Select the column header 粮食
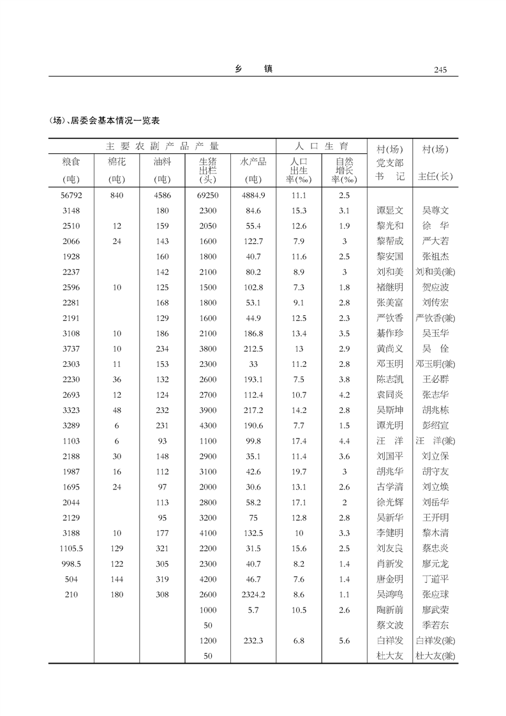click(x=71, y=163)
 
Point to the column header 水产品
click(x=253, y=162)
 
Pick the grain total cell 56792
click(x=71, y=195)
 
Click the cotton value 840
click(x=117, y=195)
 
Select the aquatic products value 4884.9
click(x=253, y=195)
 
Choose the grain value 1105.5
click(x=71, y=549)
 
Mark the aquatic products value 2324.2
click(x=253, y=595)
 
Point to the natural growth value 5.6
click(x=344, y=641)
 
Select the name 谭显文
click(x=390, y=211)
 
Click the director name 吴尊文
click(x=436, y=211)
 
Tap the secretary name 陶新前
click(x=390, y=610)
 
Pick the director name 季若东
click(x=436, y=625)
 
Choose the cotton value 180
click(x=117, y=595)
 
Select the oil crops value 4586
click(x=162, y=195)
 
